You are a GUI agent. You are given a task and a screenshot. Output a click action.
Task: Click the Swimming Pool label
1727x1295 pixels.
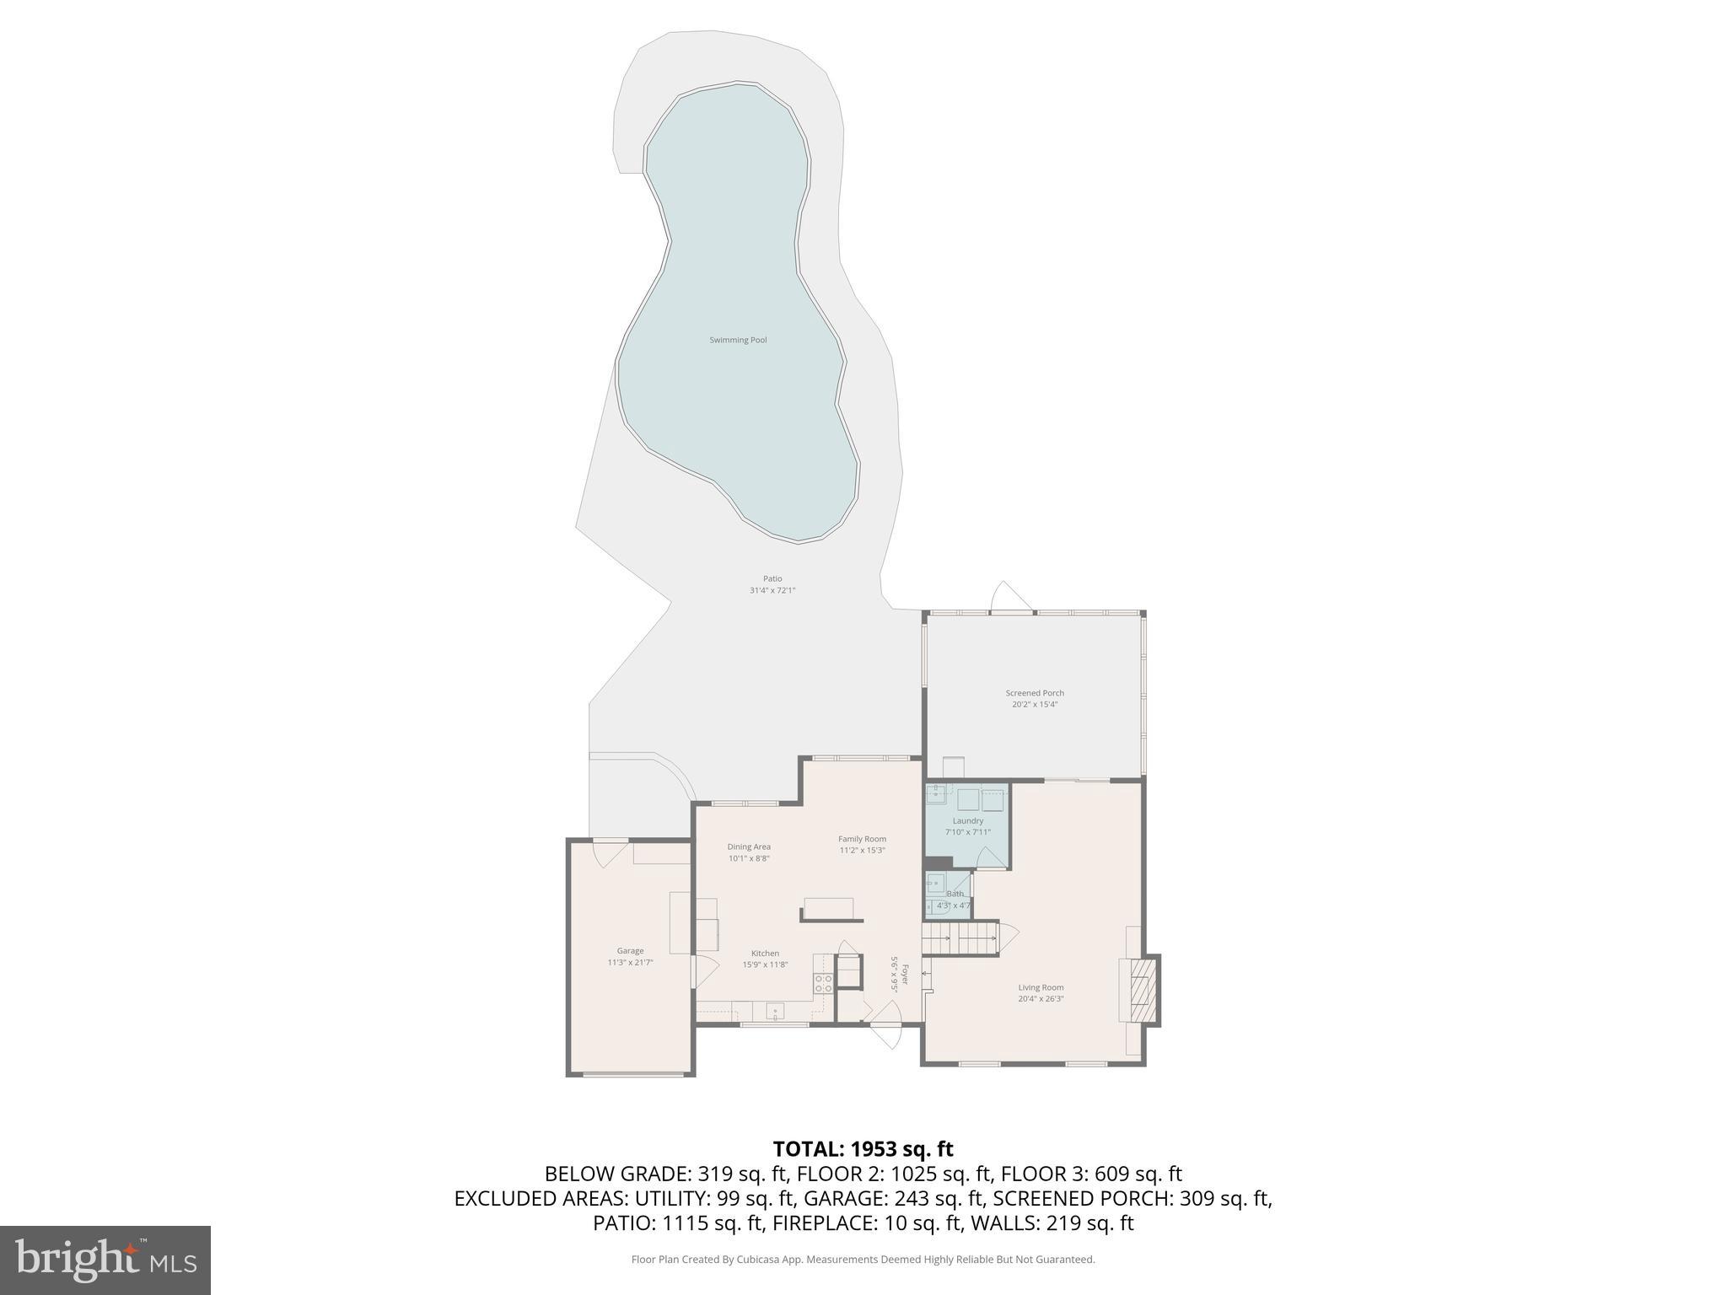(x=738, y=341)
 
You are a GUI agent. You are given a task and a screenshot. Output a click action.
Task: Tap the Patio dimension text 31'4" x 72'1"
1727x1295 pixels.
(x=772, y=591)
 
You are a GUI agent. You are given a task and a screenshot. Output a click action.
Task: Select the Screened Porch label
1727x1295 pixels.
(x=1035, y=693)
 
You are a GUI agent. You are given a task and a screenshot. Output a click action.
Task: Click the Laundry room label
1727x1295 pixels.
(x=968, y=821)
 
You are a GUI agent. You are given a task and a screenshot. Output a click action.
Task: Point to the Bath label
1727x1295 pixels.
(x=955, y=894)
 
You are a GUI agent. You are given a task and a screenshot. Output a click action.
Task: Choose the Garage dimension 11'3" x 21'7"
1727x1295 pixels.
(x=630, y=962)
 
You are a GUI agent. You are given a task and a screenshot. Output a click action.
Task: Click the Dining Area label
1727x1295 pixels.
(x=749, y=847)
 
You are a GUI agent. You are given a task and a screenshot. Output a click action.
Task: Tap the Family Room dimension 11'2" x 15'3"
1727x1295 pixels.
(x=862, y=850)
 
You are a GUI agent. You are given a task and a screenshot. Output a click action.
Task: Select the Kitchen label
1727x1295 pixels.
(x=766, y=954)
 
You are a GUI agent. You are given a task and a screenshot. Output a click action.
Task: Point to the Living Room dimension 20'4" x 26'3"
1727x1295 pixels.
(x=1041, y=999)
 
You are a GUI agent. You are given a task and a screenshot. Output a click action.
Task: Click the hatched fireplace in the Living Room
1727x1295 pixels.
(x=1141, y=991)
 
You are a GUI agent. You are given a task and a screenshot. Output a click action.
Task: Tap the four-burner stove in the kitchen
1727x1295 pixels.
(x=823, y=983)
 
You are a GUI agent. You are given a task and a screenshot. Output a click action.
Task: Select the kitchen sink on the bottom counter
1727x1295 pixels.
(x=775, y=1010)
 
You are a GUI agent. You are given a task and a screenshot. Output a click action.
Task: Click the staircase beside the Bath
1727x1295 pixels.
(x=960, y=938)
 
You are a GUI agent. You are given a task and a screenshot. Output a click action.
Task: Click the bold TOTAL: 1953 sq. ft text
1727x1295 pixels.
(x=863, y=1149)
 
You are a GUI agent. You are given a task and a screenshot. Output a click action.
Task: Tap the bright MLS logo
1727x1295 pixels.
(x=105, y=1260)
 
